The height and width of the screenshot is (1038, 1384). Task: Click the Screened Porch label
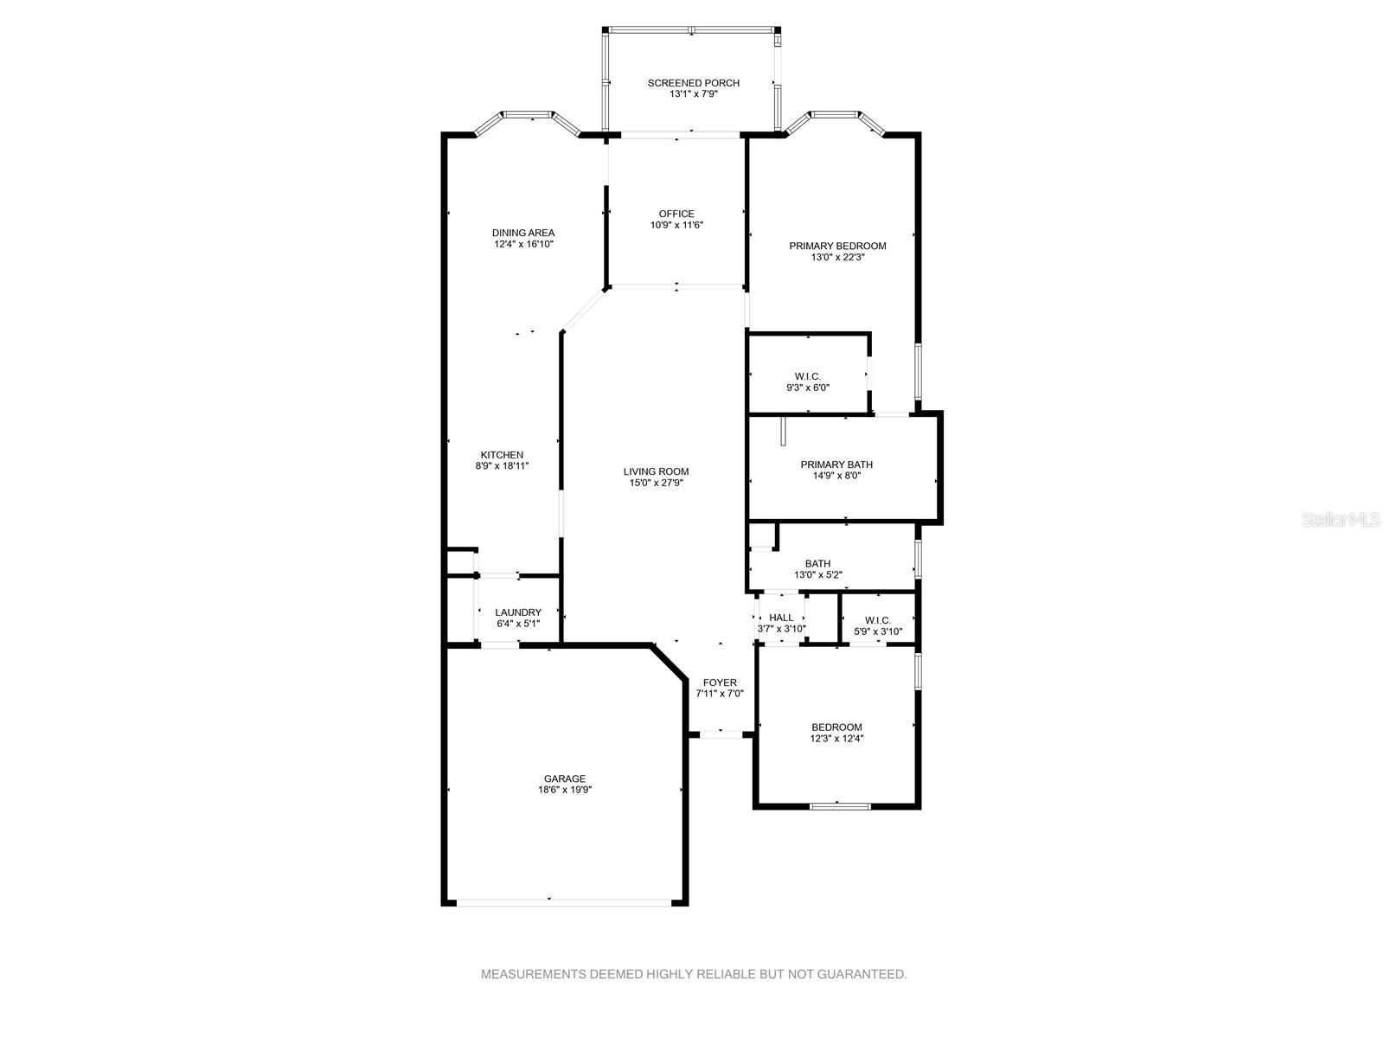[693, 82]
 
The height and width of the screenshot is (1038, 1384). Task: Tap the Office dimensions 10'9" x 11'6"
[676, 225]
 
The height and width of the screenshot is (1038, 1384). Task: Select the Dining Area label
[523, 233]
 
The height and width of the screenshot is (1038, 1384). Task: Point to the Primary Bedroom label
[837, 246]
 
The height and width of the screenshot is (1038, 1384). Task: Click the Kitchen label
[502, 455]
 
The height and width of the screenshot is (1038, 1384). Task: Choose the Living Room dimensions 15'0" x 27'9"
[657, 483]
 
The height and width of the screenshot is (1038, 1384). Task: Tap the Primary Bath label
[836, 465]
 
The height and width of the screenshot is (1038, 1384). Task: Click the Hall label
[781, 618]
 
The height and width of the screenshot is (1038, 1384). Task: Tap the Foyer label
[720, 682]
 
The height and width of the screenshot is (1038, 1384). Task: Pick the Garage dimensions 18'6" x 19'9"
[565, 790]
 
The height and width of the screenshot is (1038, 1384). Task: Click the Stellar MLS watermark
[1341, 519]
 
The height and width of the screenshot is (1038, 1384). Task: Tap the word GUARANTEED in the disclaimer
[862, 974]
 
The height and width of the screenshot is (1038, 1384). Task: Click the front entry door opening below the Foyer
[721, 734]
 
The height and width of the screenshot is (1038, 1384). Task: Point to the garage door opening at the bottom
[564, 902]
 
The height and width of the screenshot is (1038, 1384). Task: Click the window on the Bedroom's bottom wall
[840, 805]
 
